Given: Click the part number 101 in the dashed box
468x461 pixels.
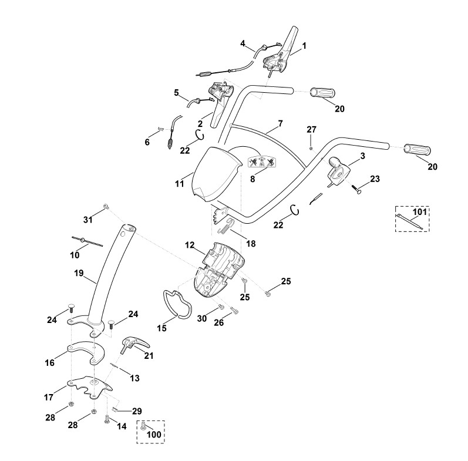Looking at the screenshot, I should click(420, 211).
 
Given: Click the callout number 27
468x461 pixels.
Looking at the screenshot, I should click(311, 129).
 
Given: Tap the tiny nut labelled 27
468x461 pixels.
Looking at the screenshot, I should click(311, 140).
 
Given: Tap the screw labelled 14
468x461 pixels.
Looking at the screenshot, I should click(107, 419).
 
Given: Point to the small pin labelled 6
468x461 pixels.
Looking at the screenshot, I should click(160, 129).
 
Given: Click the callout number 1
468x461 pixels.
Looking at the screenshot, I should click(304, 45).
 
